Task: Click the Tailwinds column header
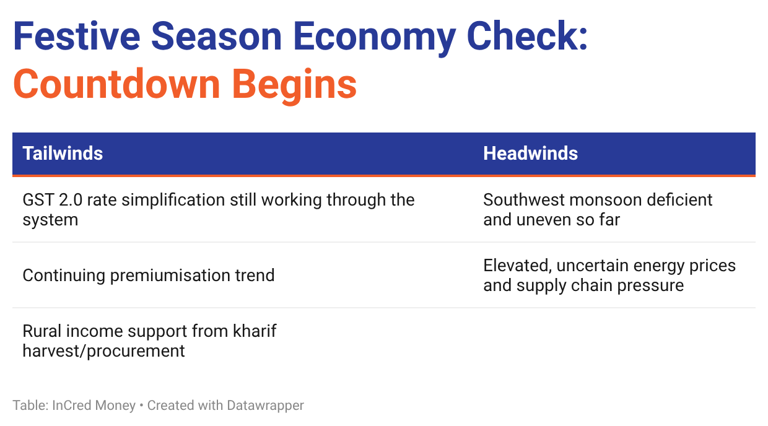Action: coord(63,153)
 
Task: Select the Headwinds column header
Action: coord(530,153)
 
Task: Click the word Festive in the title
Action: coord(77,36)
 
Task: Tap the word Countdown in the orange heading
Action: coord(116,84)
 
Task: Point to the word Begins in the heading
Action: coord(295,85)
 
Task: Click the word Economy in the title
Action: coord(375,38)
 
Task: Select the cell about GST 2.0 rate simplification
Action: coord(219,209)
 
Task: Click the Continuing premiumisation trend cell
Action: coord(149,275)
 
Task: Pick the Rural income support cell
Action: coord(149,341)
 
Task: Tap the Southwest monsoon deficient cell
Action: coord(598,209)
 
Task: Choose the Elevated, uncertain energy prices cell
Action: coord(609,275)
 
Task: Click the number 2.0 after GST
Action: coord(71,200)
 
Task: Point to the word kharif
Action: coord(255,331)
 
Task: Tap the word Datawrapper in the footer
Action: coord(265,406)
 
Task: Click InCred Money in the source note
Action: coord(94,406)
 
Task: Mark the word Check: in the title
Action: coord(527,36)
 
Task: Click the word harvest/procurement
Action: coord(103,351)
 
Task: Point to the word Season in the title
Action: coord(216,36)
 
